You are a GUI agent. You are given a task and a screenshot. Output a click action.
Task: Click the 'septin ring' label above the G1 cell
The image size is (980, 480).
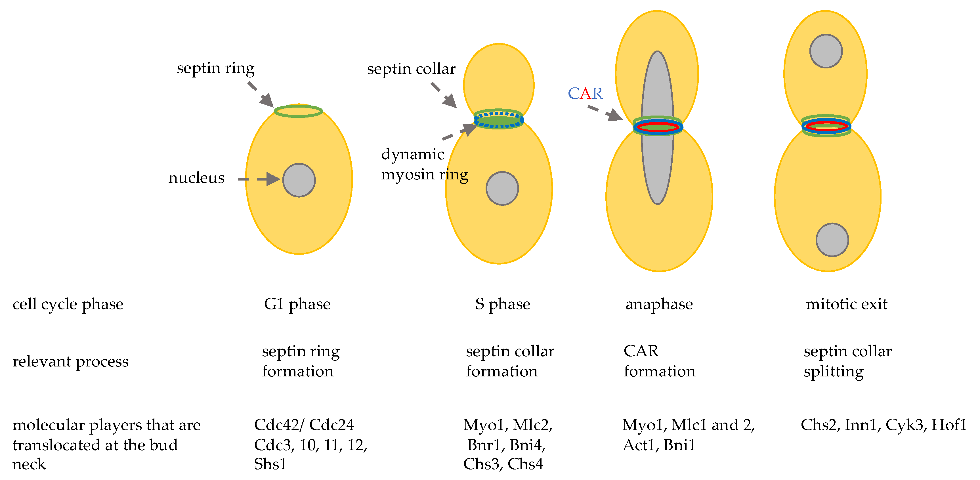coord(216,68)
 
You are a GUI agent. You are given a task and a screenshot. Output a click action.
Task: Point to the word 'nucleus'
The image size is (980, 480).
coord(196,178)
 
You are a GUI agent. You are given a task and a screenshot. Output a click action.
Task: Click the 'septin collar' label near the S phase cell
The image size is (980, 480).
coord(411,69)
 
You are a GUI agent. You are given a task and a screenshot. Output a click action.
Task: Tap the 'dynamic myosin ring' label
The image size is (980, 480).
coord(424,165)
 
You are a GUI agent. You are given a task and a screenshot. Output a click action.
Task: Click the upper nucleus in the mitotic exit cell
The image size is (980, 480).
coord(826,51)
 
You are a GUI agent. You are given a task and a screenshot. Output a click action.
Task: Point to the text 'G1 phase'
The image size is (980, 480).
coord(297,304)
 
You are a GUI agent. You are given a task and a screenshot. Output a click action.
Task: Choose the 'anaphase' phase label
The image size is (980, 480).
coord(659,304)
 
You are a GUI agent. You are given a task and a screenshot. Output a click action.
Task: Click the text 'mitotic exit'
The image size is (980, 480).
coord(847,304)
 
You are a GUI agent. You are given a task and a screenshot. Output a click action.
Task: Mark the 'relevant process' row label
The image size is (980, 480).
coord(70,361)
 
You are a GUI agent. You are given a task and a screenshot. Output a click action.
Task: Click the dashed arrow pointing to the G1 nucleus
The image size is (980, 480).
coord(259,179)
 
